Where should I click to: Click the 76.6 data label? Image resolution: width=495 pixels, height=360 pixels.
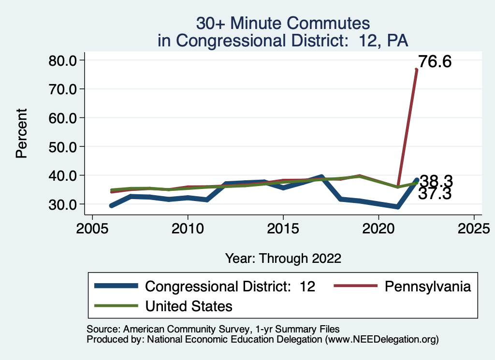435,62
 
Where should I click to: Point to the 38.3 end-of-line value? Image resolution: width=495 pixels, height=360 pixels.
436,181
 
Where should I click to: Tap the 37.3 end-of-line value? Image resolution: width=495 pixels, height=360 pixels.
435,194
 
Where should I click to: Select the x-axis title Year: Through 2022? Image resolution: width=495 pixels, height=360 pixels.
283,259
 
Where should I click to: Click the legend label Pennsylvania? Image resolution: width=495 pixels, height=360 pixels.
427,287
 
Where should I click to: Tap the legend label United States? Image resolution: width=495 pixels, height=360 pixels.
189,306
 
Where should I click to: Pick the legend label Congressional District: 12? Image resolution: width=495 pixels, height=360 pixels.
230,287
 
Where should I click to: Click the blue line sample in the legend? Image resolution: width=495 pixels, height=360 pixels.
116,287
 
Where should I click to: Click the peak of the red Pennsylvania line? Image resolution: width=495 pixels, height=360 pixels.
416,70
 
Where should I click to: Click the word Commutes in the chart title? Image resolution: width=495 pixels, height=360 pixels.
328,23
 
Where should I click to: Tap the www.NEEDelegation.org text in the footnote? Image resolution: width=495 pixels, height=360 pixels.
382,340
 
